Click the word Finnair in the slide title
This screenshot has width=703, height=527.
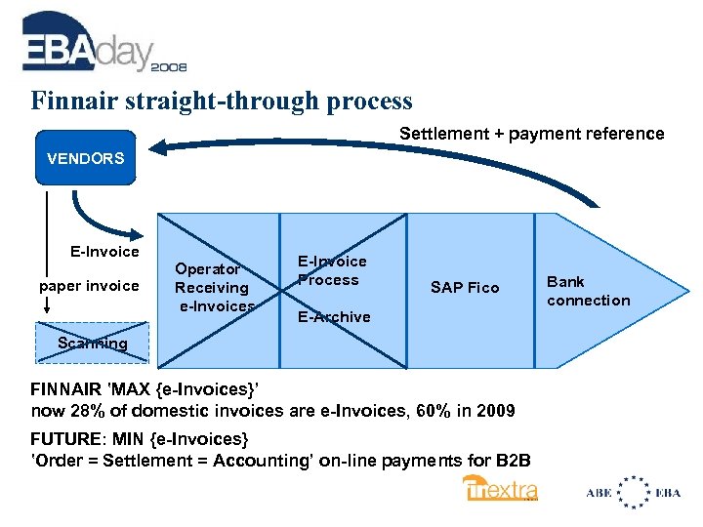[x=70, y=101]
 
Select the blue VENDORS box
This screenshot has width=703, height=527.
[x=86, y=157]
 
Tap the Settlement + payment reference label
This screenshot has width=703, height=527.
[x=531, y=134]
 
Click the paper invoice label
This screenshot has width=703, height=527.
[x=89, y=286]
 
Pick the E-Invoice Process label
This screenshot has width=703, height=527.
[x=332, y=270]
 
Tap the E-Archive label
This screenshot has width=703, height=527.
[x=334, y=316]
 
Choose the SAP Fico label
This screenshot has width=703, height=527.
[x=465, y=287]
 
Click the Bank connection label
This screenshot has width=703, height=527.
[x=588, y=291]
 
